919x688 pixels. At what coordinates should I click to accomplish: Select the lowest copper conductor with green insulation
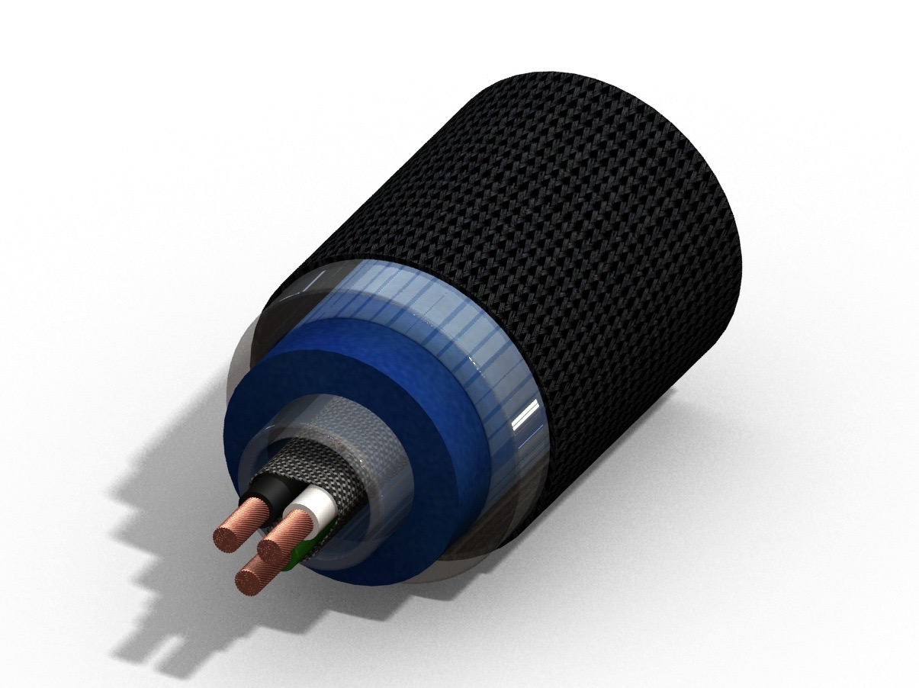(x=261, y=573)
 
